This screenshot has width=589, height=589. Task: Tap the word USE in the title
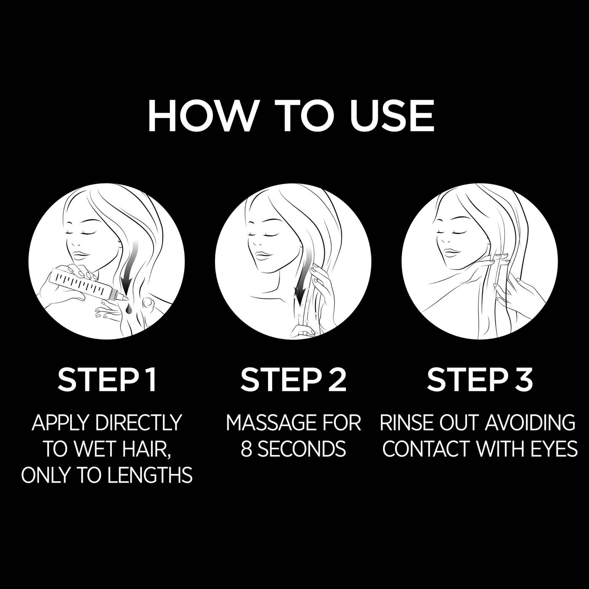pos(391,116)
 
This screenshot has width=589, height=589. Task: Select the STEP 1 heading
pos(107,379)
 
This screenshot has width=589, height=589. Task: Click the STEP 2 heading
pos(293,379)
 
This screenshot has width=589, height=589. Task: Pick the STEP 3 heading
pos(480,379)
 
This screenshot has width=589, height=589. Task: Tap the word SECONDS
pos(301,449)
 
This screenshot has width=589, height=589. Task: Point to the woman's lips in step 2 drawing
pos(264,255)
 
